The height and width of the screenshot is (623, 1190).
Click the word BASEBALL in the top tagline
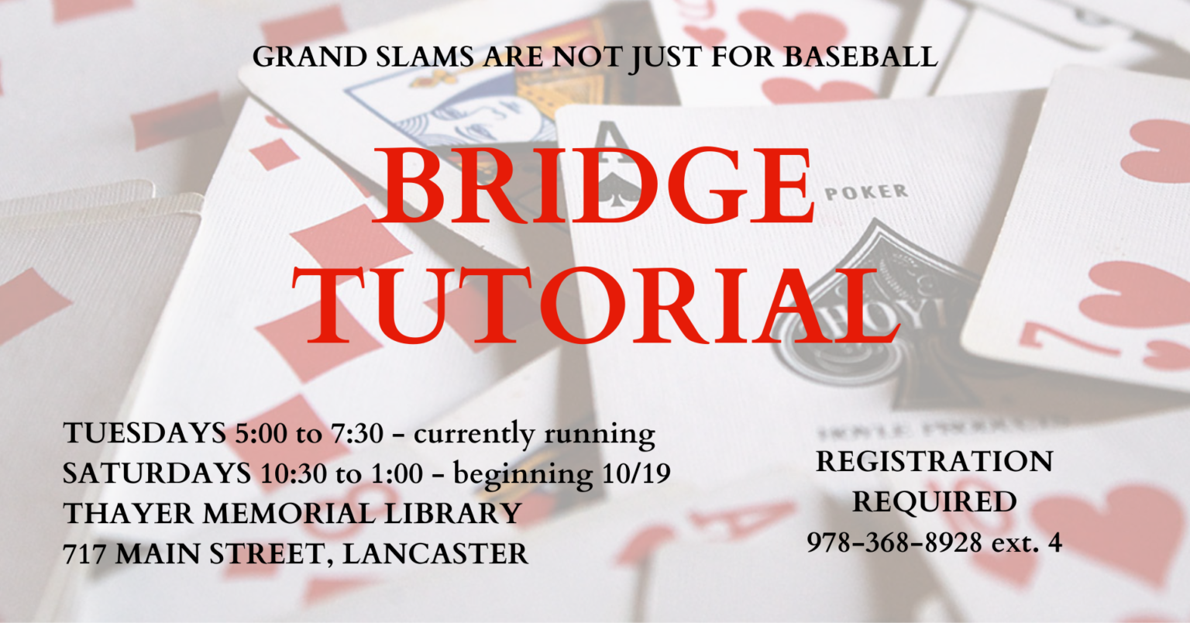(x=861, y=57)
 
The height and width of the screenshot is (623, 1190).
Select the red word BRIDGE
(x=593, y=185)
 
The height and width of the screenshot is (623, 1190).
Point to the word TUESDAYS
(x=145, y=433)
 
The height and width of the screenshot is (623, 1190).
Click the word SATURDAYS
(x=157, y=473)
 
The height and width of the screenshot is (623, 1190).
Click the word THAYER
(x=127, y=513)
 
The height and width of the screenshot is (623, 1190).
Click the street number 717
(x=84, y=553)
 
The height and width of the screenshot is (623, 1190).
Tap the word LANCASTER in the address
(x=435, y=553)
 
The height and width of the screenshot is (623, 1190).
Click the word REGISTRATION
(x=934, y=461)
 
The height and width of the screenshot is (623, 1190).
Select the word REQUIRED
(x=934, y=501)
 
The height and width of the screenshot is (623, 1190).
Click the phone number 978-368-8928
(x=895, y=542)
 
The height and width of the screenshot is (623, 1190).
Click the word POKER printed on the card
(x=866, y=192)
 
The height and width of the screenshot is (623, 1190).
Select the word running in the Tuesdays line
(x=599, y=435)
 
